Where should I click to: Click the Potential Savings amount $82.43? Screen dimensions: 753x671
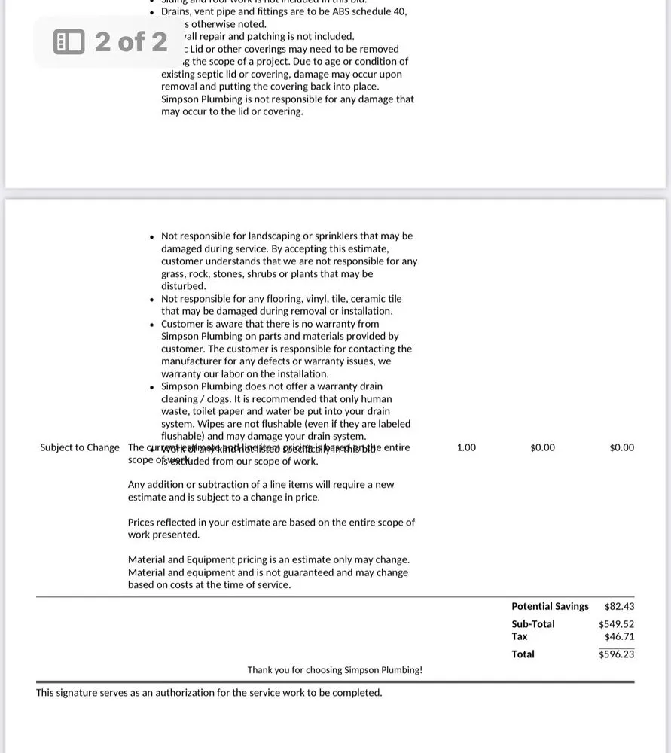click(x=619, y=606)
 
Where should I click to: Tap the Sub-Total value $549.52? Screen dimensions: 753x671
click(x=616, y=624)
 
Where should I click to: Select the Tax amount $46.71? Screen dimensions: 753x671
click(x=619, y=636)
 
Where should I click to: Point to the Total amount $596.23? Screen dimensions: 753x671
click(x=616, y=654)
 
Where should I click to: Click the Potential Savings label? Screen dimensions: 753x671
click(x=550, y=606)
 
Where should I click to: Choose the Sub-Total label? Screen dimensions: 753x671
click(x=532, y=624)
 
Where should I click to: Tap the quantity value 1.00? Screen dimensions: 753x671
click(x=466, y=447)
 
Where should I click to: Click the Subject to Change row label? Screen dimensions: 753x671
click(x=80, y=447)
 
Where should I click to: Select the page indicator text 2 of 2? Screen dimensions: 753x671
click(x=131, y=41)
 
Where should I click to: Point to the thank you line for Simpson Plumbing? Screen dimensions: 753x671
click(x=334, y=670)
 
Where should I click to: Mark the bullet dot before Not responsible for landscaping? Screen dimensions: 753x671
click(x=152, y=236)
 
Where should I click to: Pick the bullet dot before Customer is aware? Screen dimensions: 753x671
click(x=152, y=325)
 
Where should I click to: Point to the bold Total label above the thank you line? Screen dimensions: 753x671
click(x=523, y=654)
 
